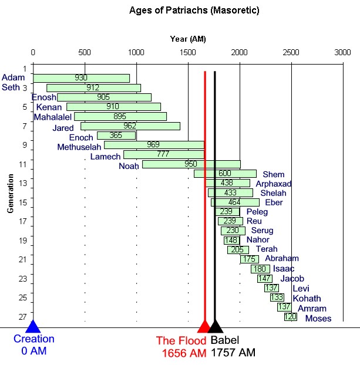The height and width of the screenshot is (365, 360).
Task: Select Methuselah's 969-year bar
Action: pyautogui.click(x=154, y=145)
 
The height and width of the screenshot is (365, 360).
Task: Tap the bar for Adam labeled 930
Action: pyautogui.click(x=81, y=78)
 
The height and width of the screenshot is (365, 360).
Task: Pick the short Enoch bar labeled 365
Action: pyautogui.click(x=116, y=136)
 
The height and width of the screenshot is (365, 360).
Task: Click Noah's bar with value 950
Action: pyautogui.click(x=191, y=164)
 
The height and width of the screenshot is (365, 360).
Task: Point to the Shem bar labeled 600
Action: pyautogui.click(x=225, y=174)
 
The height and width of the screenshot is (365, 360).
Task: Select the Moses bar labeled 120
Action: pyautogui.click(x=290, y=317)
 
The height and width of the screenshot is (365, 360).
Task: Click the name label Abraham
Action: pyautogui.click(x=281, y=258)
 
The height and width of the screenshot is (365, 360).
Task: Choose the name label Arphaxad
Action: pyautogui.click(x=273, y=184)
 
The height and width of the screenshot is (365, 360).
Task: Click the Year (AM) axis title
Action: pyautogui.click(x=188, y=39)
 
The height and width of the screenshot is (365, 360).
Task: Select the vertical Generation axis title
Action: pyautogui.click(x=11, y=193)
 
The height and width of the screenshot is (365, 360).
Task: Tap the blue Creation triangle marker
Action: pyautogui.click(x=33, y=327)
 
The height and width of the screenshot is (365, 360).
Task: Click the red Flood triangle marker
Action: pyautogui.click(x=204, y=327)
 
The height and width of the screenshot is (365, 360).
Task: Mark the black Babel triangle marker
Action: pyautogui.click(x=216, y=327)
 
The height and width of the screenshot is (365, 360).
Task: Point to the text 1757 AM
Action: pyautogui.click(x=233, y=353)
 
